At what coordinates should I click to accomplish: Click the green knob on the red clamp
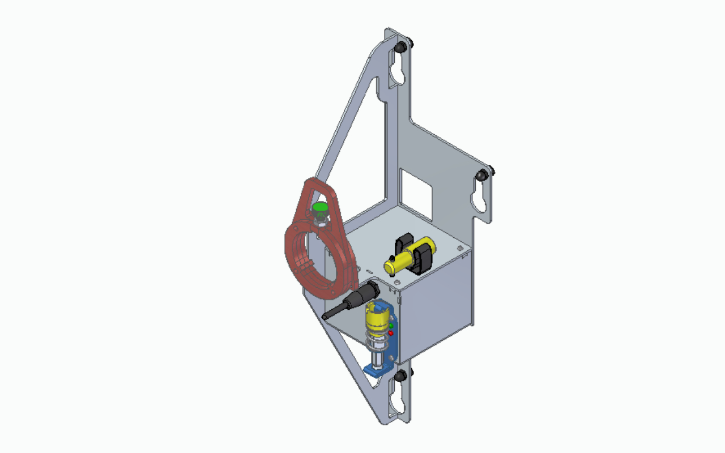[321, 208]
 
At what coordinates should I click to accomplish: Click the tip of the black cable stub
[325, 315]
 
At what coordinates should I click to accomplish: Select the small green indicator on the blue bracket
[391, 326]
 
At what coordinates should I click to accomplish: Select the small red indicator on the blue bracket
[391, 333]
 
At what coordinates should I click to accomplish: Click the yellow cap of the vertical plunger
[376, 318]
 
